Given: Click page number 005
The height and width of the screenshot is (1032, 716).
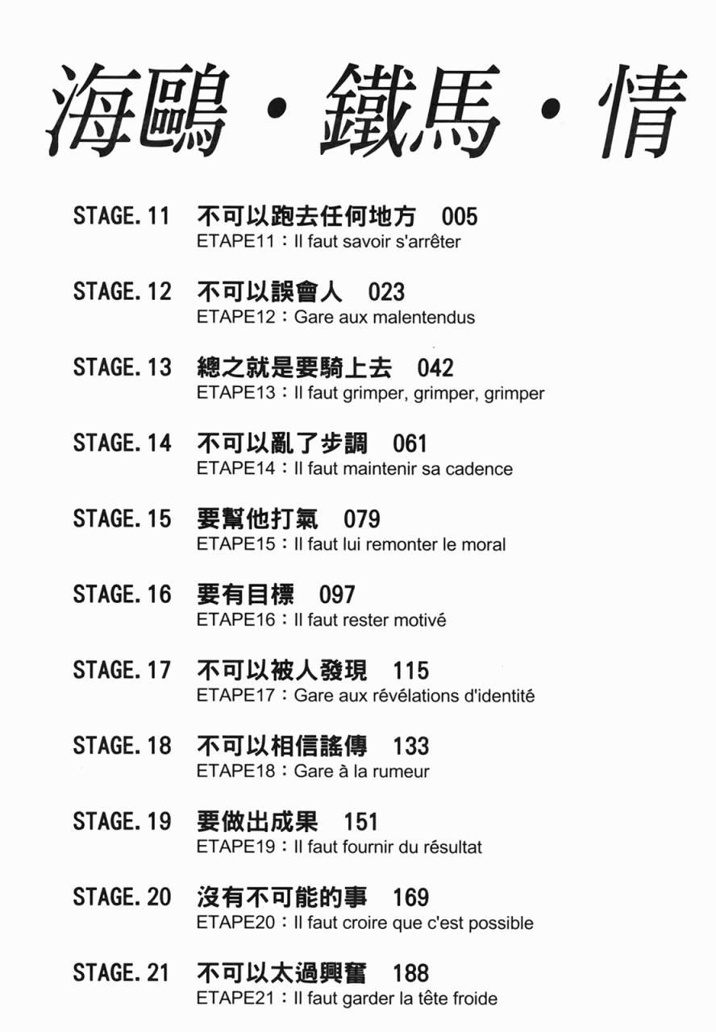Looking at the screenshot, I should point(460,216).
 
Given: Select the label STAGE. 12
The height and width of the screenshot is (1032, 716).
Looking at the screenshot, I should point(122,292).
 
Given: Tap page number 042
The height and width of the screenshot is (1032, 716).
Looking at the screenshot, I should point(435,368).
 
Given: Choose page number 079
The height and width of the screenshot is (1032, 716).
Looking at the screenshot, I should point(361,518).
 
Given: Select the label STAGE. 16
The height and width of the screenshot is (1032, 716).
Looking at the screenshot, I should point(122,595).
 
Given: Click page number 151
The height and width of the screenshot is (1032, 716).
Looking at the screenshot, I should point(360,822).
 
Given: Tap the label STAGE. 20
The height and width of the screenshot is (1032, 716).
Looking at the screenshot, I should point(122,897).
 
